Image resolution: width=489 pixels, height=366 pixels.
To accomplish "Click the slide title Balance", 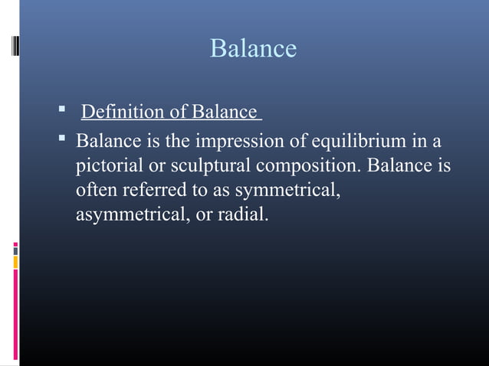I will coord(253,49).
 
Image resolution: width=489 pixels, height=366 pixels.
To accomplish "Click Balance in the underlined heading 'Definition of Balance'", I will coord(224,113).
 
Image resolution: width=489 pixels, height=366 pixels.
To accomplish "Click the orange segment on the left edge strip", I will coord(15,262).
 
